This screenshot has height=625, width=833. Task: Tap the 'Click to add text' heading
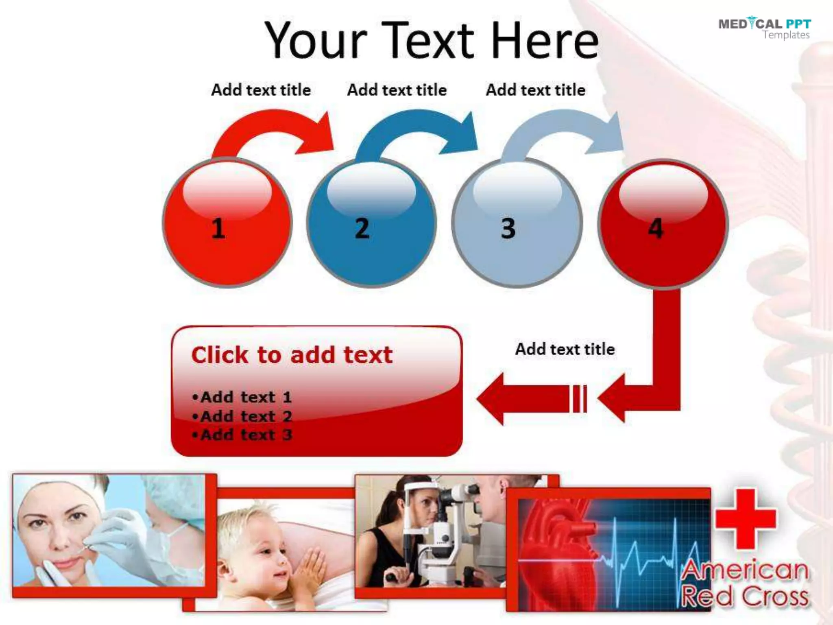coord(292,355)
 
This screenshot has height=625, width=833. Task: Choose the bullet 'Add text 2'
coord(242,416)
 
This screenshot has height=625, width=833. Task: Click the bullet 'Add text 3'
coord(242,435)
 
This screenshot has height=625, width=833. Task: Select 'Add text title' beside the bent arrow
coord(565,349)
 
